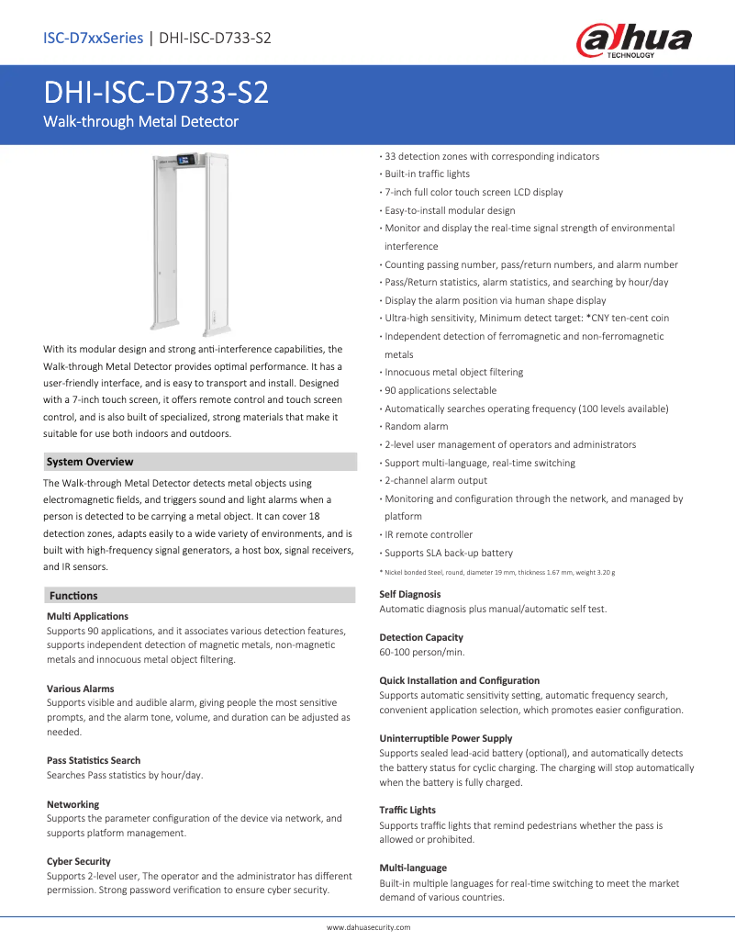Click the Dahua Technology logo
pyautogui.click(x=633, y=41)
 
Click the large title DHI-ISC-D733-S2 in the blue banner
pyautogui.click(x=157, y=94)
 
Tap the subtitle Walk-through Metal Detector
pyautogui.click(x=141, y=121)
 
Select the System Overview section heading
pyautogui.click(x=90, y=462)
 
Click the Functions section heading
pyautogui.click(x=73, y=596)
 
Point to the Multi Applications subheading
pyautogui.click(x=87, y=616)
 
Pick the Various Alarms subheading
pyautogui.click(x=81, y=689)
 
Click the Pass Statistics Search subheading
pyautogui.click(x=94, y=760)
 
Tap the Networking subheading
pyautogui.click(x=73, y=804)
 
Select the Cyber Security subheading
pyautogui.click(x=79, y=861)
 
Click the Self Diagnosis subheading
pyautogui.click(x=410, y=594)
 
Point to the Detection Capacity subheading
pyautogui.click(x=421, y=637)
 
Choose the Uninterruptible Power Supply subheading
pyautogui.click(x=446, y=738)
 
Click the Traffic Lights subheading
pyautogui.click(x=407, y=810)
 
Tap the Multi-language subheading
pyautogui.click(x=413, y=868)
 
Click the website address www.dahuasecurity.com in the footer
pyautogui.click(x=368, y=928)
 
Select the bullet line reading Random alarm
pyautogui.click(x=416, y=426)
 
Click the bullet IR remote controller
pyautogui.click(x=429, y=534)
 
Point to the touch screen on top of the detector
pyautogui.click(x=187, y=162)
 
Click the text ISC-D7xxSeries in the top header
pyautogui.click(x=93, y=38)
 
